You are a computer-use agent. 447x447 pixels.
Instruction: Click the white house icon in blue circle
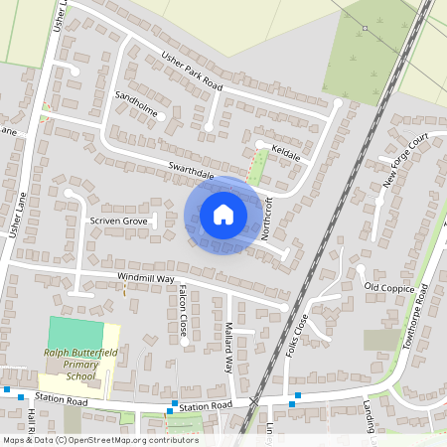tap(223, 214)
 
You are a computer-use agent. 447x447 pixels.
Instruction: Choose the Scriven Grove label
tap(118, 220)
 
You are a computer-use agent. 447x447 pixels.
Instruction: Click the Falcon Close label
tap(183, 310)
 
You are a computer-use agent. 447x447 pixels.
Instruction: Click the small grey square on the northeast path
tap(365, 28)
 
